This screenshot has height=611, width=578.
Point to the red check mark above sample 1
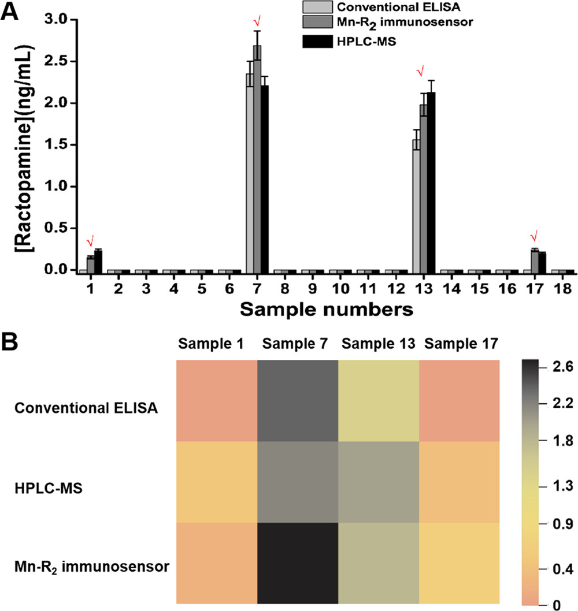90,241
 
